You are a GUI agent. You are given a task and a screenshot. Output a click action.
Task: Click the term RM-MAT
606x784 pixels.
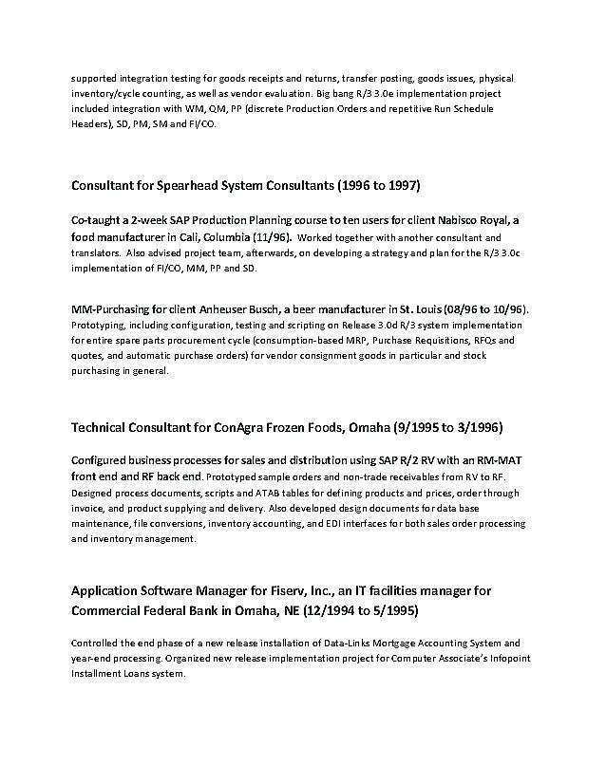[x=497, y=459]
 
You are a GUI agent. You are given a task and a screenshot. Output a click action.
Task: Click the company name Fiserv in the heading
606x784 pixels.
[x=269, y=590]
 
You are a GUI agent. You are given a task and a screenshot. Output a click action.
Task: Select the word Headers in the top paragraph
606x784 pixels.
[x=91, y=124]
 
